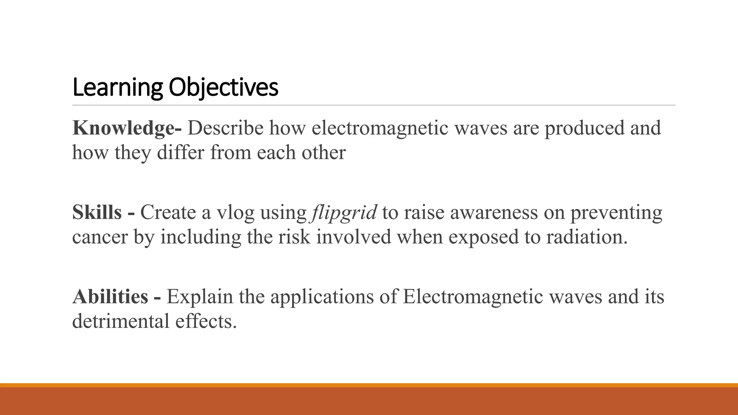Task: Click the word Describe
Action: click(x=226, y=128)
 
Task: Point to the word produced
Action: click(x=584, y=128)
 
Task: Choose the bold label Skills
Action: click(x=97, y=212)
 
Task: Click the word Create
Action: click(x=168, y=212)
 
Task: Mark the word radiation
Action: click(x=587, y=237)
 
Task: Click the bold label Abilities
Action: click(x=110, y=296)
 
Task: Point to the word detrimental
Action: click(x=121, y=321)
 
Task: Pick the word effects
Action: click(x=206, y=321)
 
